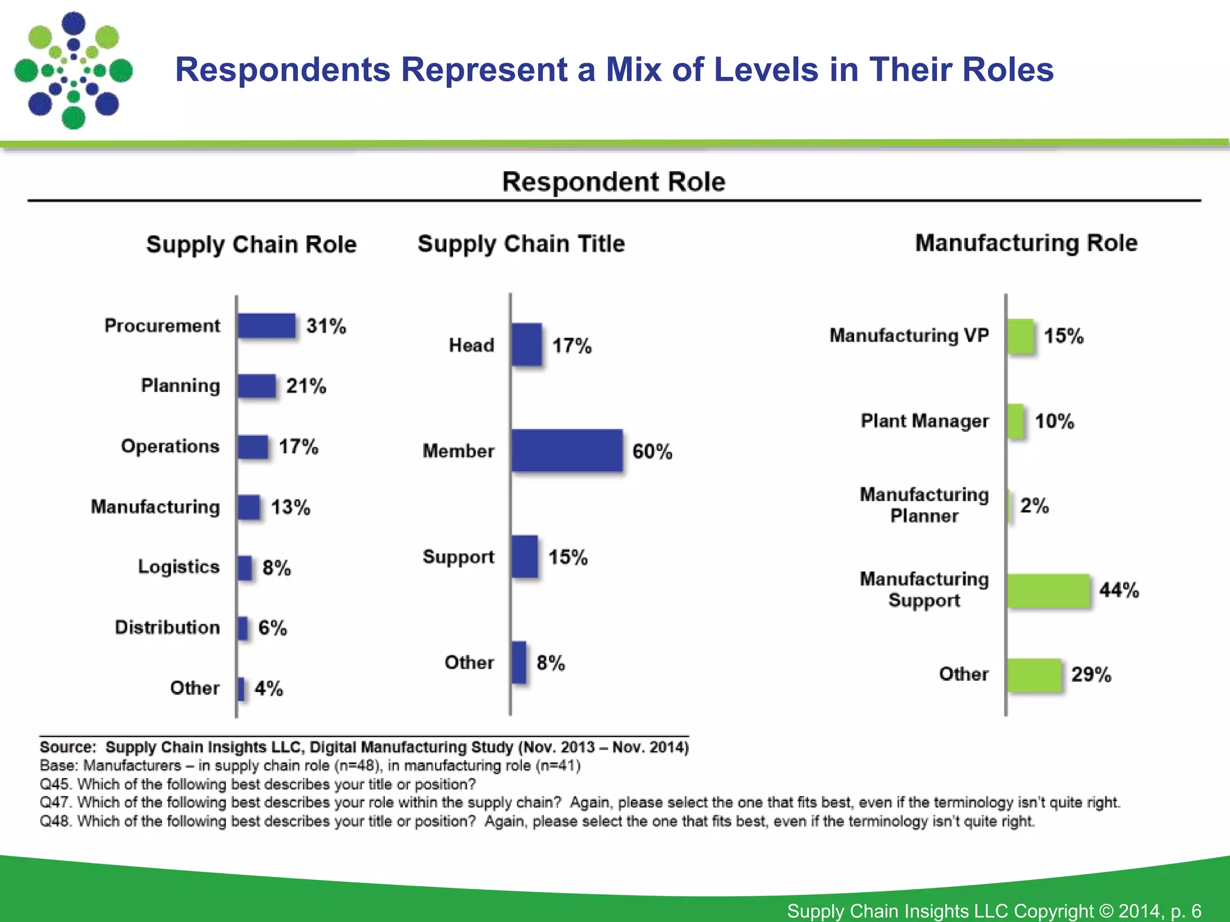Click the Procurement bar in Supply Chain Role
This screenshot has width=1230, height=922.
click(266, 326)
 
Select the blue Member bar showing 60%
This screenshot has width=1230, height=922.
click(567, 451)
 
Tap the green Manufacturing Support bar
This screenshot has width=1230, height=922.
click(1049, 591)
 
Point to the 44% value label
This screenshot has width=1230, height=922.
click(1119, 590)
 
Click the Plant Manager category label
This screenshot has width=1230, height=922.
click(924, 421)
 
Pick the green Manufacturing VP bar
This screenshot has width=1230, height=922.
click(1020, 336)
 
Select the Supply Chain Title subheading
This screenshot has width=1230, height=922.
click(521, 244)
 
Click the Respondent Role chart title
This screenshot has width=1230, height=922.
click(613, 181)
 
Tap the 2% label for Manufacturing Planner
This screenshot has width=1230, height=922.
click(1034, 505)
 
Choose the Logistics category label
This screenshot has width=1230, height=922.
click(178, 567)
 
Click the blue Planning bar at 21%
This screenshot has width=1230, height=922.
click(256, 386)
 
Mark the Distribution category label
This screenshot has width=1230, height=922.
click(167, 627)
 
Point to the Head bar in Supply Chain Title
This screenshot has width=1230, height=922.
click(527, 345)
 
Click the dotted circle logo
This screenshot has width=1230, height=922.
click(73, 70)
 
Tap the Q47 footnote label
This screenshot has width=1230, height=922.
click(56, 803)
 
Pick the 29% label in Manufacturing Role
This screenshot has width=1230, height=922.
click(1091, 675)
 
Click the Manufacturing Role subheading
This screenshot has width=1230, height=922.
click(1026, 243)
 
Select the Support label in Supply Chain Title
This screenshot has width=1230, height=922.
click(458, 556)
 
